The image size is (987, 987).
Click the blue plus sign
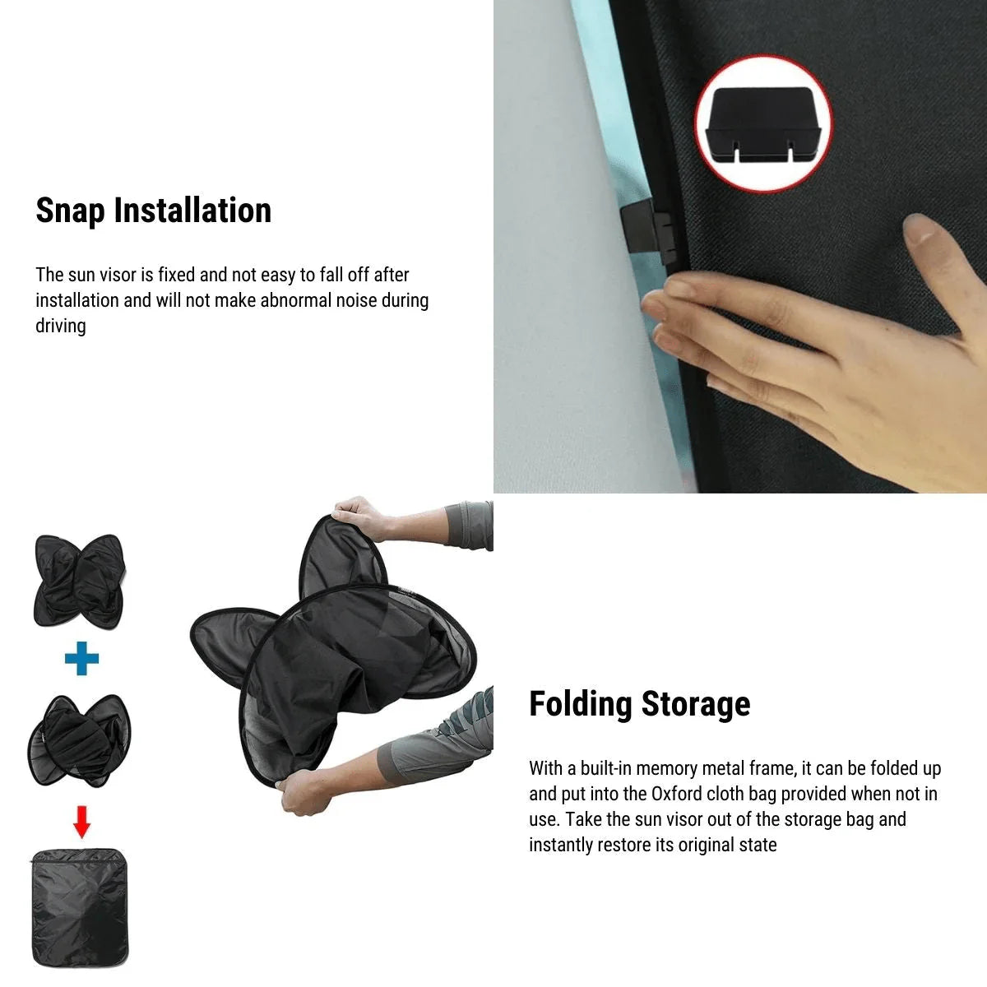tap(81, 658)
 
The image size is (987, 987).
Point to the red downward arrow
tap(81, 820)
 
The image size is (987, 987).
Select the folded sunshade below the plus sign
tap(79, 738)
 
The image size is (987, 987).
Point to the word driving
tap(60, 326)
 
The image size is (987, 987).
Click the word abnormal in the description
tap(293, 300)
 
